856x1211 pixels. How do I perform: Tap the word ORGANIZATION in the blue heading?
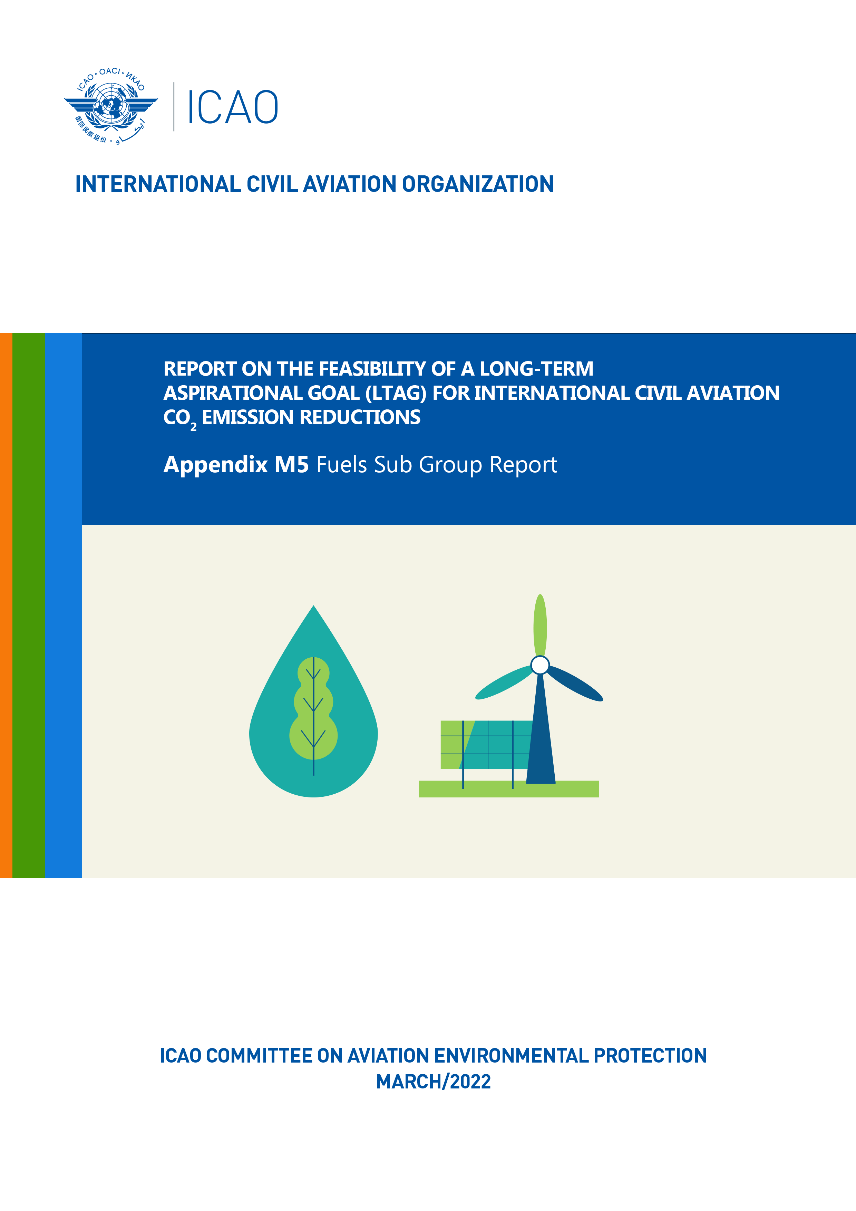point(478,184)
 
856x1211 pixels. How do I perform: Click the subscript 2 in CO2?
point(194,427)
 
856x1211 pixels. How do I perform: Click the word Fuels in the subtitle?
point(342,465)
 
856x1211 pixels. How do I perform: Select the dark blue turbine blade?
point(575,684)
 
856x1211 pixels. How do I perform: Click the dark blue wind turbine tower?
point(541,730)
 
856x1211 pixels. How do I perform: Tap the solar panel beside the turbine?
point(486,745)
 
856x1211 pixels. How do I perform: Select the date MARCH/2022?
point(434,1082)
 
